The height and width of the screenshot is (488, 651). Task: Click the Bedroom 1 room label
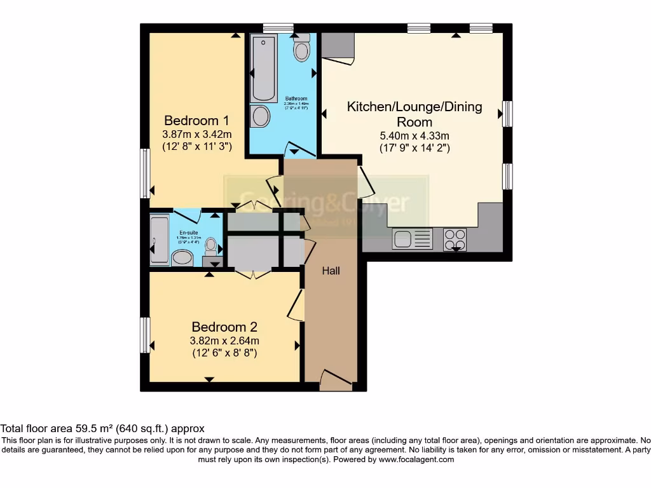coord(196,120)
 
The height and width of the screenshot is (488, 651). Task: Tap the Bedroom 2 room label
coord(224,327)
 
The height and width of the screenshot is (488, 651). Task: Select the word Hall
coord(331,271)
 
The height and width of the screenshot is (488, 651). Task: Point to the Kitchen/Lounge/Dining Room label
coord(414,114)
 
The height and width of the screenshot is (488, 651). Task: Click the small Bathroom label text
coord(296,98)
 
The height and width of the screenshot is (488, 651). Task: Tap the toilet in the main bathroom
coord(301,48)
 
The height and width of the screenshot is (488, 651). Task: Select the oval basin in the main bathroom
coord(260,116)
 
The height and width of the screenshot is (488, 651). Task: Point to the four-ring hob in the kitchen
coord(455,239)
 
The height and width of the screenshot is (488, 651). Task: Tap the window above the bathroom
coord(278,28)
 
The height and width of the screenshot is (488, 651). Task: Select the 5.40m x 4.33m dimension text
coord(414,135)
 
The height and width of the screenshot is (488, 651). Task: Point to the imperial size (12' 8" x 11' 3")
coord(196,146)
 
